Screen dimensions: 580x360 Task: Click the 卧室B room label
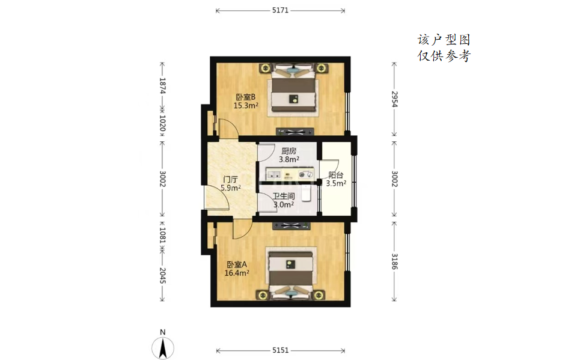[246, 97]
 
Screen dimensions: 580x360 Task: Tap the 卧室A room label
[237, 264]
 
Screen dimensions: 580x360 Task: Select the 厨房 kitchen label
[289, 151]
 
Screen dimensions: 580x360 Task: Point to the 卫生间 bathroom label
[284, 196]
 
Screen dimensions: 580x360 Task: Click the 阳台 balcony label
[336, 175]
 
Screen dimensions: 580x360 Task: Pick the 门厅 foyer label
[230, 180]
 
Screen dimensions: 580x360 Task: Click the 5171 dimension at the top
[280, 10]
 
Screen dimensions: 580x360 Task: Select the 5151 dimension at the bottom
[280, 350]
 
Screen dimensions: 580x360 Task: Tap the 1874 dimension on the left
[162, 86]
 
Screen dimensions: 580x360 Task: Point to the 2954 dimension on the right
[394, 99]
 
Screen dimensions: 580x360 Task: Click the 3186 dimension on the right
[394, 261]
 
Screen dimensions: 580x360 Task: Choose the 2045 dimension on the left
[162, 276]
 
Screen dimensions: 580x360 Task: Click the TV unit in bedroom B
[295, 132]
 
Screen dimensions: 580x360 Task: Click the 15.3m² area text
[246, 106]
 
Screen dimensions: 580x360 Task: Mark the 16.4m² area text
[237, 273]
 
